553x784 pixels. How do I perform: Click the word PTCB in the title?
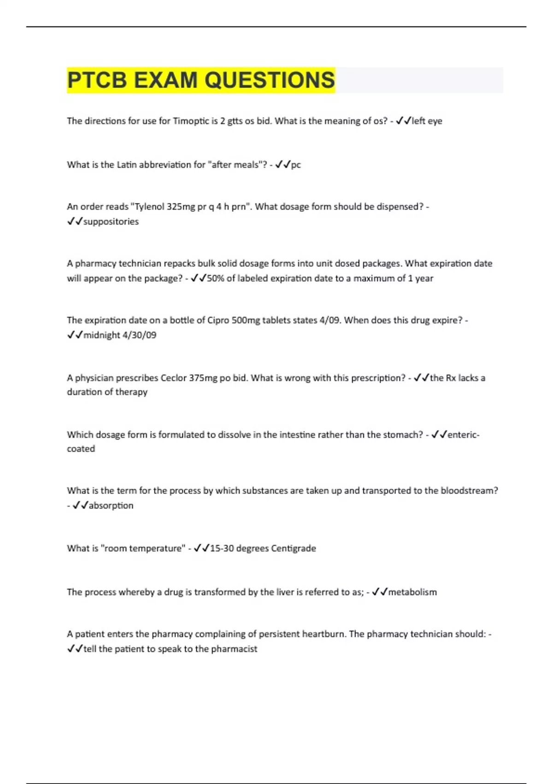97,80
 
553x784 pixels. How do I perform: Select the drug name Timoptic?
191,121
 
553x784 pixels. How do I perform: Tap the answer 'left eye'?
427,121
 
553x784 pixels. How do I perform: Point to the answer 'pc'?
296,165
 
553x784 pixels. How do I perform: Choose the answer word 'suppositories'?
111,221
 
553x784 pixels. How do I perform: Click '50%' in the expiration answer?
215,278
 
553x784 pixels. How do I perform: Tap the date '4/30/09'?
139,335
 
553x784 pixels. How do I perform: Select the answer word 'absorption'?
111,505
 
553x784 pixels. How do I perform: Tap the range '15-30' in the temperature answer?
222,548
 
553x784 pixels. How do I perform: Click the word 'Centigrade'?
293,548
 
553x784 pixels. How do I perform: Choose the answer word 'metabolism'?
412,592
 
